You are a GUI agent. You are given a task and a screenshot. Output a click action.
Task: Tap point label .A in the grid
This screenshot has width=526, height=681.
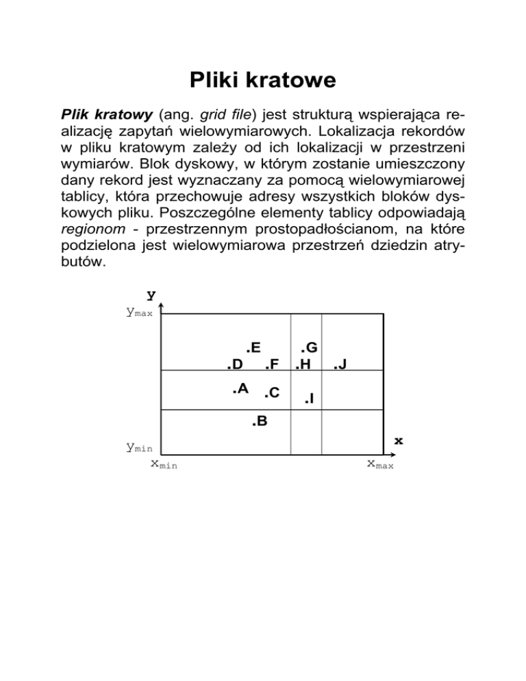pyautogui.click(x=239, y=388)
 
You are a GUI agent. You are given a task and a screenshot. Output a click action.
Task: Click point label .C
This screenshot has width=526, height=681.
pyautogui.click(x=271, y=392)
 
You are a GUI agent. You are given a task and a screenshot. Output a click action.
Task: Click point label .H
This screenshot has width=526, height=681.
pyautogui.click(x=303, y=363)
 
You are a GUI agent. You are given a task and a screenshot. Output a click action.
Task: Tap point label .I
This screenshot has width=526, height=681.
pyautogui.click(x=309, y=397)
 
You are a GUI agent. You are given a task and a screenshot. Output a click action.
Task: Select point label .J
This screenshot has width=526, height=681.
pyautogui.click(x=340, y=364)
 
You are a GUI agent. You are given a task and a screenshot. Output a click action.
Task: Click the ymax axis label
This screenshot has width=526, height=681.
pyautogui.click(x=139, y=313)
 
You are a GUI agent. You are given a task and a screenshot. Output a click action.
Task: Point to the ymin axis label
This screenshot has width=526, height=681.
pyautogui.click(x=138, y=448)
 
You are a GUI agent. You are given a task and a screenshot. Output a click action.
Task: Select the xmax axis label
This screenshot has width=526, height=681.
pyautogui.click(x=380, y=465)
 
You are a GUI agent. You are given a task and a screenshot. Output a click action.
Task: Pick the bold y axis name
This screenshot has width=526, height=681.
pyautogui.click(x=151, y=296)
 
